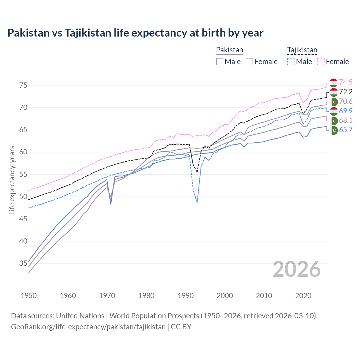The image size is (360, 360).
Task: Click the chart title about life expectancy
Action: pos(135,33)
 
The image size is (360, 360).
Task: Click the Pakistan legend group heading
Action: pos(229,50)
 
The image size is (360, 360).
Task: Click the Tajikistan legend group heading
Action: pos(302,50)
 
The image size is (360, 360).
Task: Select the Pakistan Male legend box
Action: pos(220,62)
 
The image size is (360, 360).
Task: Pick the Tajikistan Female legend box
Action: pos(321,62)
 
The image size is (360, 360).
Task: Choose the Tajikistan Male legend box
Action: pos(291,62)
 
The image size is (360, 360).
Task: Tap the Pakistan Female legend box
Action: pos(249,62)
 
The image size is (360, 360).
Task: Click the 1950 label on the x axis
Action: pos(29,296)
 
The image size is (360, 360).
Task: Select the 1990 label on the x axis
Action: pos(186,296)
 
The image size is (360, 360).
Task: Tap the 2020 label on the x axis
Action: pos(303,296)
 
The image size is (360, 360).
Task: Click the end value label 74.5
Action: pos(346,82)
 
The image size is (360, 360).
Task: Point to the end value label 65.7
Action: pos(346,130)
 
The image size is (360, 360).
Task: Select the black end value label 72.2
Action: pos(346,92)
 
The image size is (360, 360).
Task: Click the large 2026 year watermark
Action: pos(297,269)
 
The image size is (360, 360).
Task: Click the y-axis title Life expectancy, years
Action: pos(12,180)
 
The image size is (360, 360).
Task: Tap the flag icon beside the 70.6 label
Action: pos(334,102)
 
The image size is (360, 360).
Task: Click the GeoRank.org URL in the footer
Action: pos(88,327)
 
